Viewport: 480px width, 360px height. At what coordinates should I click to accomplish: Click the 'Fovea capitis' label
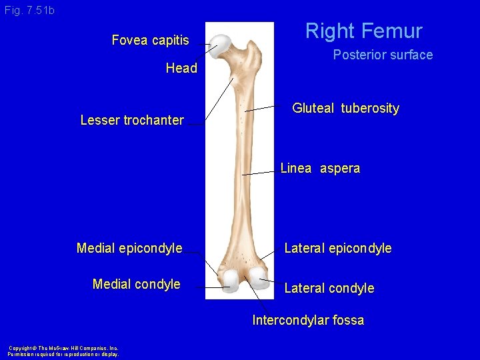click(150, 40)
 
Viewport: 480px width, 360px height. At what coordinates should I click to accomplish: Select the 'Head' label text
click(181, 68)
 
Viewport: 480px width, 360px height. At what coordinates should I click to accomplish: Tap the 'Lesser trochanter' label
click(132, 120)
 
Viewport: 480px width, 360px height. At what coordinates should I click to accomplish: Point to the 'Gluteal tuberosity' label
click(345, 108)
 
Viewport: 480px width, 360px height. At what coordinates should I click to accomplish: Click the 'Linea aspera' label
click(320, 168)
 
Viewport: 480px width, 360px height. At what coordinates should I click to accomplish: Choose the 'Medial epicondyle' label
click(129, 249)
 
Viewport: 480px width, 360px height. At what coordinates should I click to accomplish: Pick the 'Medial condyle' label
click(137, 284)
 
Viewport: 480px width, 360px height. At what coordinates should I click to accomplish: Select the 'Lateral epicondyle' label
click(338, 249)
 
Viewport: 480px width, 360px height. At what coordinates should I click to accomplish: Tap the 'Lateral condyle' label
click(329, 288)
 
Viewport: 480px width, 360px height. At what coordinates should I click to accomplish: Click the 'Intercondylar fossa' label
click(308, 320)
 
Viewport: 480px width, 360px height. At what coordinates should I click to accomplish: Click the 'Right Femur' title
click(364, 31)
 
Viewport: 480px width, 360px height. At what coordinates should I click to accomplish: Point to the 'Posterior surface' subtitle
click(383, 55)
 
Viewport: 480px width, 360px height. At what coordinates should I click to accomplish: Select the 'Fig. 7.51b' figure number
click(29, 11)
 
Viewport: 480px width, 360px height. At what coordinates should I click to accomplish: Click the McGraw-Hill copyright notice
click(63, 351)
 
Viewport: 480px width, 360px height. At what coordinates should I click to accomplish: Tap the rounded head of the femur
click(220, 43)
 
